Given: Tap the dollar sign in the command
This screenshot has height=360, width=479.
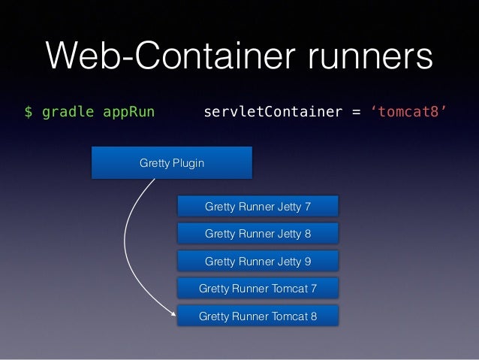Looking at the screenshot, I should pos(28,113).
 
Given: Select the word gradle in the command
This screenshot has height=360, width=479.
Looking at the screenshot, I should pos(67,113).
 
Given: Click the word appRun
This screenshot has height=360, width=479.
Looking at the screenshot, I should pos(128,113).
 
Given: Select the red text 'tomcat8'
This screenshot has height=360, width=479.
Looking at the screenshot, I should pos(410,113).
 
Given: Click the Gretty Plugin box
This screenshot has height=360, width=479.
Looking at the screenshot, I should pos(171,163).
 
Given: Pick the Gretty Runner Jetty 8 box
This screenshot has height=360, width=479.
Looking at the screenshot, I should pos(258,234).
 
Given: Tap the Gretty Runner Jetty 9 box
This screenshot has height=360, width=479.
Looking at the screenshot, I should pos(258,261).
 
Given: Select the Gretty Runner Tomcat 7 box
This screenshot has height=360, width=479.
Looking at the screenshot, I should pos(258,289).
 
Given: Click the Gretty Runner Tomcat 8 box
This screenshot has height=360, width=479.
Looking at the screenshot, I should pos(258,316).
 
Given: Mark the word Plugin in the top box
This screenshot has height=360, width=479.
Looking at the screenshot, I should pos(187,163).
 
